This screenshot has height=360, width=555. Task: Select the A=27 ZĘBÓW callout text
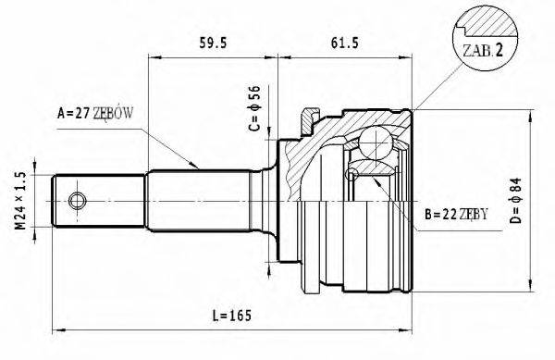[x=96, y=114]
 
